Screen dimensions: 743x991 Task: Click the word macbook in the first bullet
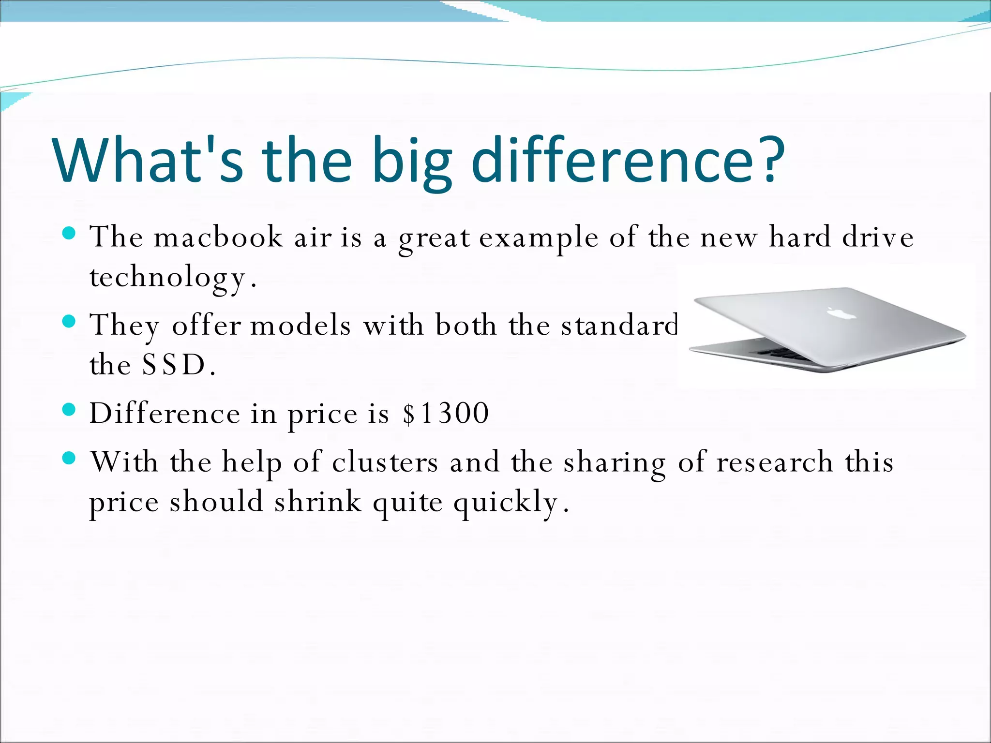pyautogui.click(x=218, y=238)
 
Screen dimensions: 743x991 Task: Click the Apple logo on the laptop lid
pyautogui.click(x=841, y=313)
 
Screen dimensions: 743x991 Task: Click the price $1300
pyautogui.click(x=446, y=414)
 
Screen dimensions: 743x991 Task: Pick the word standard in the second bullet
pyautogui.click(x=620, y=325)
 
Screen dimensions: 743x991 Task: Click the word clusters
pyautogui.click(x=385, y=462)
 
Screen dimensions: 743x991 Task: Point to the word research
pyautogui.click(x=775, y=462)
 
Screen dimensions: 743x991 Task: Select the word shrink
pyautogui.click(x=318, y=502)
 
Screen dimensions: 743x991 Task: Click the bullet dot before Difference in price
pyautogui.click(x=70, y=410)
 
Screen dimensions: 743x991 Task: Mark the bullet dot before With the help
pyautogui.click(x=70, y=458)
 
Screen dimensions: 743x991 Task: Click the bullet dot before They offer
pyautogui.click(x=70, y=321)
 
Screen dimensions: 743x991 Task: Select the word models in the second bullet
pyautogui.click(x=300, y=325)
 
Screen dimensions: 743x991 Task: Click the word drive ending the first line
pyautogui.click(x=878, y=238)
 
